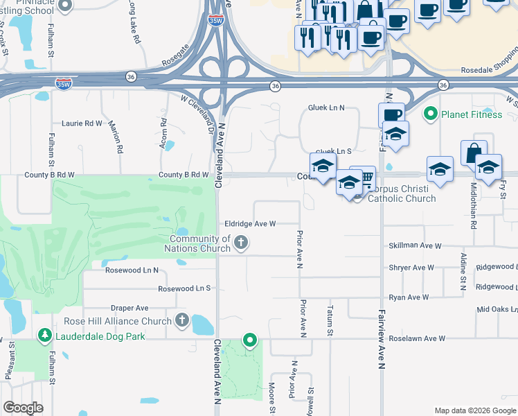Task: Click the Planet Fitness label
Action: click(x=473, y=114)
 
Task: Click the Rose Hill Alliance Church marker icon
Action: click(x=181, y=320)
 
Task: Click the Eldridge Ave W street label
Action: click(x=250, y=224)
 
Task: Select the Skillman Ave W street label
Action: click(x=416, y=246)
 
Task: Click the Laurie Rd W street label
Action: click(x=82, y=123)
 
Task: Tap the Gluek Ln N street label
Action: click(x=326, y=108)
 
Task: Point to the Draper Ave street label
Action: click(x=129, y=308)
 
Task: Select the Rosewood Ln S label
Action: click(x=184, y=288)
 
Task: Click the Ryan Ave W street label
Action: click(x=409, y=297)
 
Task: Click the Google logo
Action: click(x=24, y=407)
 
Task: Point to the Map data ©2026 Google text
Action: click(x=474, y=410)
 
